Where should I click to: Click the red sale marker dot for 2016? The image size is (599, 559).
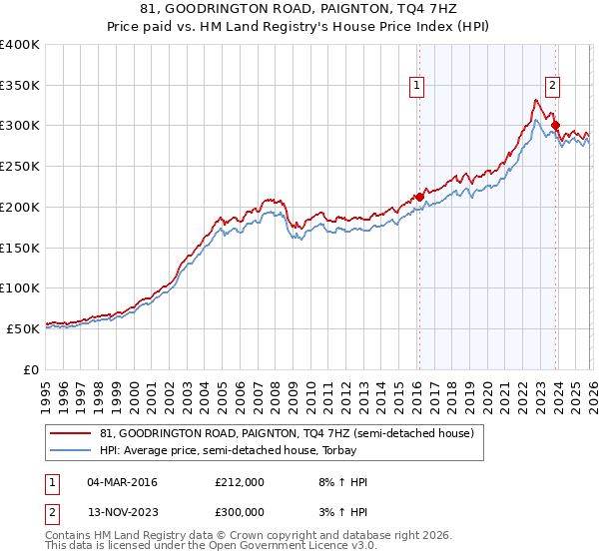tap(418, 197)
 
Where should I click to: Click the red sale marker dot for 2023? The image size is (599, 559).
tap(555, 125)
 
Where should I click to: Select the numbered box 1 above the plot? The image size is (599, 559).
tap(416, 87)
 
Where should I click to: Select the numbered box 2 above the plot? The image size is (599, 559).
tap(552, 87)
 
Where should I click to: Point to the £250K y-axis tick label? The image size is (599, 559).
tap(20, 167)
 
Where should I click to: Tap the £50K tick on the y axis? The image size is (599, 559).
tap(24, 328)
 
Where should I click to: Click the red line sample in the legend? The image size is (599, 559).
tap(71, 433)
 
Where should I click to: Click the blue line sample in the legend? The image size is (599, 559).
tap(71, 450)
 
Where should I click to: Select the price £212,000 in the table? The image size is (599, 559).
tap(239, 482)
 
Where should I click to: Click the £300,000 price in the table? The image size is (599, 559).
tap(239, 510)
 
